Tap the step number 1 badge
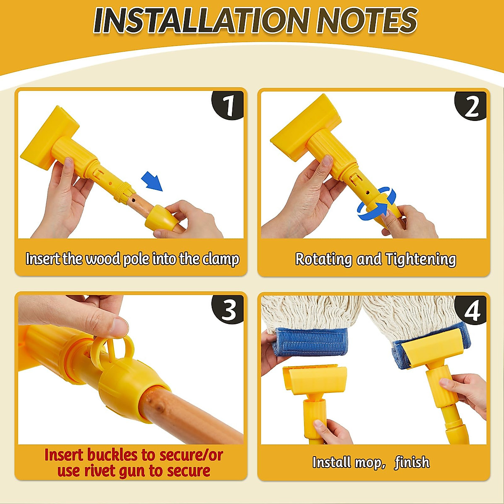(228, 106)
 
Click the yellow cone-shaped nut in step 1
(161, 218)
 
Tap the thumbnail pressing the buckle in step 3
(117, 327)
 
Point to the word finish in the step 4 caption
(412, 462)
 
